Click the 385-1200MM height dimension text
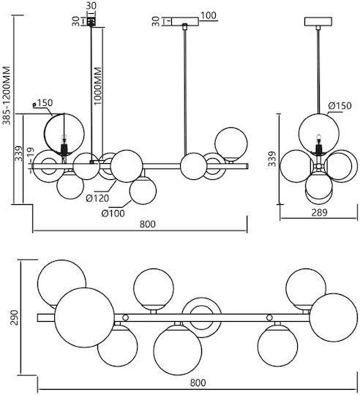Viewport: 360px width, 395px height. [x=7, y=96]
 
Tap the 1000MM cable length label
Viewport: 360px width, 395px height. [x=97, y=86]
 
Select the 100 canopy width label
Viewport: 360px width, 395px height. [x=209, y=15]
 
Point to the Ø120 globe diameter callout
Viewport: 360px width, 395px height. [x=97, y=198]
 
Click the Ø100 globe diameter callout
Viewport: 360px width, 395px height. [x=113, y=214]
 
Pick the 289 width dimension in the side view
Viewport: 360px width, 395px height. [x=320, y=212]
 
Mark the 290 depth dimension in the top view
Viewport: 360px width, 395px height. [x=15, y=317]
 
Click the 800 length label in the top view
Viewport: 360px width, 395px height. [x=198, y=383]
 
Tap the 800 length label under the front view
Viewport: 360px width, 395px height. [x=148, y=224]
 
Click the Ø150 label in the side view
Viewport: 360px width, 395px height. [x=340, y=105]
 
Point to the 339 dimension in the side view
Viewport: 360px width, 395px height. [x=272, y=159]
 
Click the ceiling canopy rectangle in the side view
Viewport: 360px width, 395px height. [x=318, y=21]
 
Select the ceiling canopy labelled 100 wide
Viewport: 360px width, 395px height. [x=185, y=21]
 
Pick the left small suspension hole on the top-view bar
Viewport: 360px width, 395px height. [x=125, y=317]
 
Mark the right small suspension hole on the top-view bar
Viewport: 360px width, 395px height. [x=269, y=317]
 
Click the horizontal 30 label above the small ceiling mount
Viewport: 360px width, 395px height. [x=91, y=6]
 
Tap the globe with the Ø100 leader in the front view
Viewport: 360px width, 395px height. [x=143, y=191]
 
